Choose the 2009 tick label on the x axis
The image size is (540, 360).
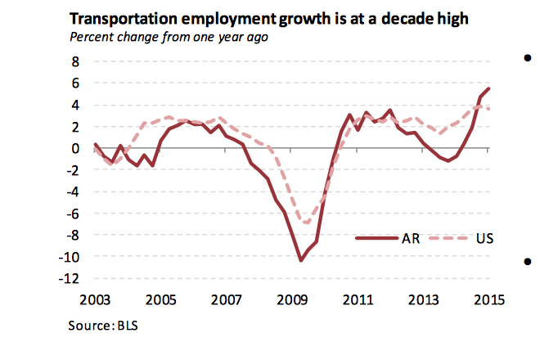coord(292,299)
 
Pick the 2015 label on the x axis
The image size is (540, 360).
coord(488,299)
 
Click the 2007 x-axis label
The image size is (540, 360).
coord(227,299)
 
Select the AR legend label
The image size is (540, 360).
coord(411,238)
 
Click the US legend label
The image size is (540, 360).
coord(485,238)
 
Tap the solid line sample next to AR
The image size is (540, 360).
coord(375,238)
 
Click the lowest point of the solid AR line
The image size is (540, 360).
coord(300,260)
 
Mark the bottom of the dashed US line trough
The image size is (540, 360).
coord(307,223)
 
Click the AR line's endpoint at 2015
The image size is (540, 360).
coord(488,88)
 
